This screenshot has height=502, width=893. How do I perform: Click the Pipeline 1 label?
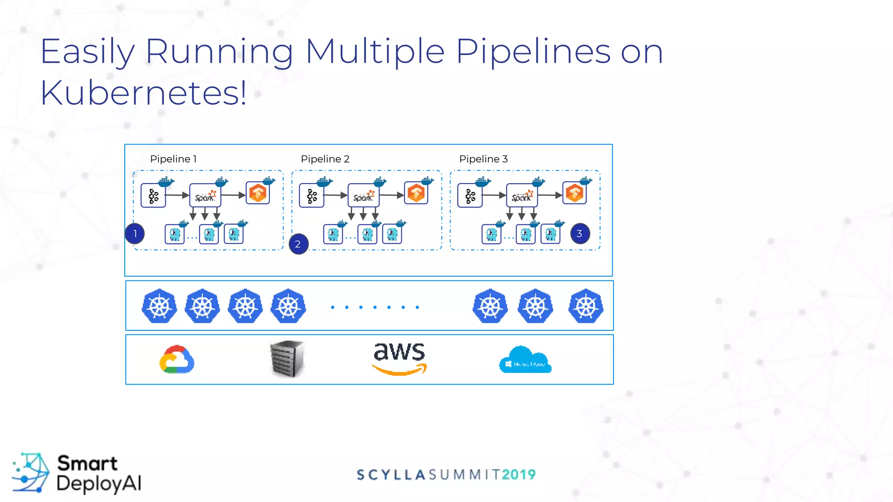[173, 159]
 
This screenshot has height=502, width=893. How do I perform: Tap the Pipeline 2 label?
[325, 159]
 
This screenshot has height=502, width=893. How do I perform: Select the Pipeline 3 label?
[483, 159]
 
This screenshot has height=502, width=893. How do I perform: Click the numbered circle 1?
[135, 234]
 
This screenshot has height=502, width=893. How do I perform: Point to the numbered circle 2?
[298, 244]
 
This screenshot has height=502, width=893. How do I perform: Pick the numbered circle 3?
[579, 234]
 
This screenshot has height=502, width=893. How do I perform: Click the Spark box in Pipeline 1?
[205, 195]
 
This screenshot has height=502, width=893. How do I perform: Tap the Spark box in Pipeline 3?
[521, 195]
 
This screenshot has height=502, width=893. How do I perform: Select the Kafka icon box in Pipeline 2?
[311, 196]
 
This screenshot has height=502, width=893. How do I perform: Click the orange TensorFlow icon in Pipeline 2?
[416, 193]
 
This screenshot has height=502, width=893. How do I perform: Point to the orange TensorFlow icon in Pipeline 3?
[574, 193]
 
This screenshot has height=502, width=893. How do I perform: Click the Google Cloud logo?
[177, 360]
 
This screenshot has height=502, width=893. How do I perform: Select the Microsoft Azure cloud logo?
[525, 360]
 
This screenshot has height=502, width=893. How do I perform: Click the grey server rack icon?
[286, 359]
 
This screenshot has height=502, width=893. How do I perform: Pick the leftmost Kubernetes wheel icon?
[159, 306]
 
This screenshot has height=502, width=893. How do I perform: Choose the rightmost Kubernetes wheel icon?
[586, 306]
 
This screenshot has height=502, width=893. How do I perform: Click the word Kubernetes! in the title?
[143, 93]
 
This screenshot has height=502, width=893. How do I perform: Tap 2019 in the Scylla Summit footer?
[518, 475]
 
